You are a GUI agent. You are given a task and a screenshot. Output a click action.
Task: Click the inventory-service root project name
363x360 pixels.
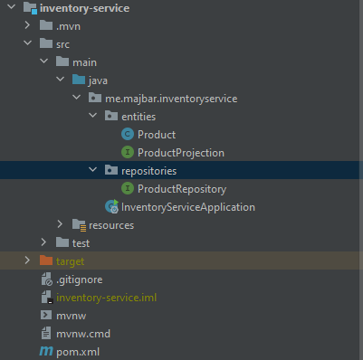(x=85, y=8)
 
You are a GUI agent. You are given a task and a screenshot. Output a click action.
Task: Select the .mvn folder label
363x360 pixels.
(x=70, y=26)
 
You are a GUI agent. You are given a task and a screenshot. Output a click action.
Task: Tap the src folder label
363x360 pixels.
(x=63, y=43)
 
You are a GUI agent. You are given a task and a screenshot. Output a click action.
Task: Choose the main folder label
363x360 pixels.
(x=84, y=62)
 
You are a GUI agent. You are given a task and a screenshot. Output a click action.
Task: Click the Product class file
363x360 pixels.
(x=157, y=134)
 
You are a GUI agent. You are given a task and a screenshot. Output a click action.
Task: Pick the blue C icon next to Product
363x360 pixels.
(x=128, y=134)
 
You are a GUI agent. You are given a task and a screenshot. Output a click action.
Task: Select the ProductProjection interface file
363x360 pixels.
(x=180, y=152)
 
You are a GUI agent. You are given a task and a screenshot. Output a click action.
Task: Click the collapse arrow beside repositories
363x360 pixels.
(x=93, y=170)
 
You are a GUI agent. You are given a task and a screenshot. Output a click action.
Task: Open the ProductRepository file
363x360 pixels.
(x=181, y=188)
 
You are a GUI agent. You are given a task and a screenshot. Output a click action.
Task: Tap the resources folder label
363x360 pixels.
(x=110, y=224)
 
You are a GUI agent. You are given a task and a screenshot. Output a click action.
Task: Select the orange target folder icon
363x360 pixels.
(x=45, y=261)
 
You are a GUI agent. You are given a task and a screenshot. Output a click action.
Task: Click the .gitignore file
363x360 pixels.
(x=78, y=279)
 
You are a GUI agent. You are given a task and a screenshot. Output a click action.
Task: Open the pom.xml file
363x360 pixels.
(x=77, y=350)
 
